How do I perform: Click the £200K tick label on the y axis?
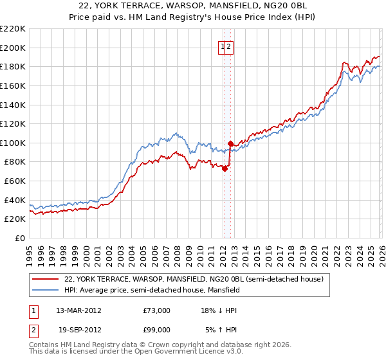click(x=13, y=48)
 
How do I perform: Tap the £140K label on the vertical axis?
click(x=13, y=105)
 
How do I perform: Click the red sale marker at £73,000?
click(x=225, y=169)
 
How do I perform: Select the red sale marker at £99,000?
click(x=230, y=144)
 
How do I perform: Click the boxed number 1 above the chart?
click(x=223, y=46)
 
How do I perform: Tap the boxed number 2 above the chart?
click(x=229, y=46)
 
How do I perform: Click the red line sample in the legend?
click(x=45, y=279)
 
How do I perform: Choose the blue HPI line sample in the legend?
click(x=45, y=290)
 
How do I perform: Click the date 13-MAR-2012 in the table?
click(x=78, y=310)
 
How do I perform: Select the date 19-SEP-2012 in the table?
click(x=78, y=329)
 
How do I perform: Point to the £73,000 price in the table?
click(x=157, y=310)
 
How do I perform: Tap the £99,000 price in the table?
click(x=157, y=329)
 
